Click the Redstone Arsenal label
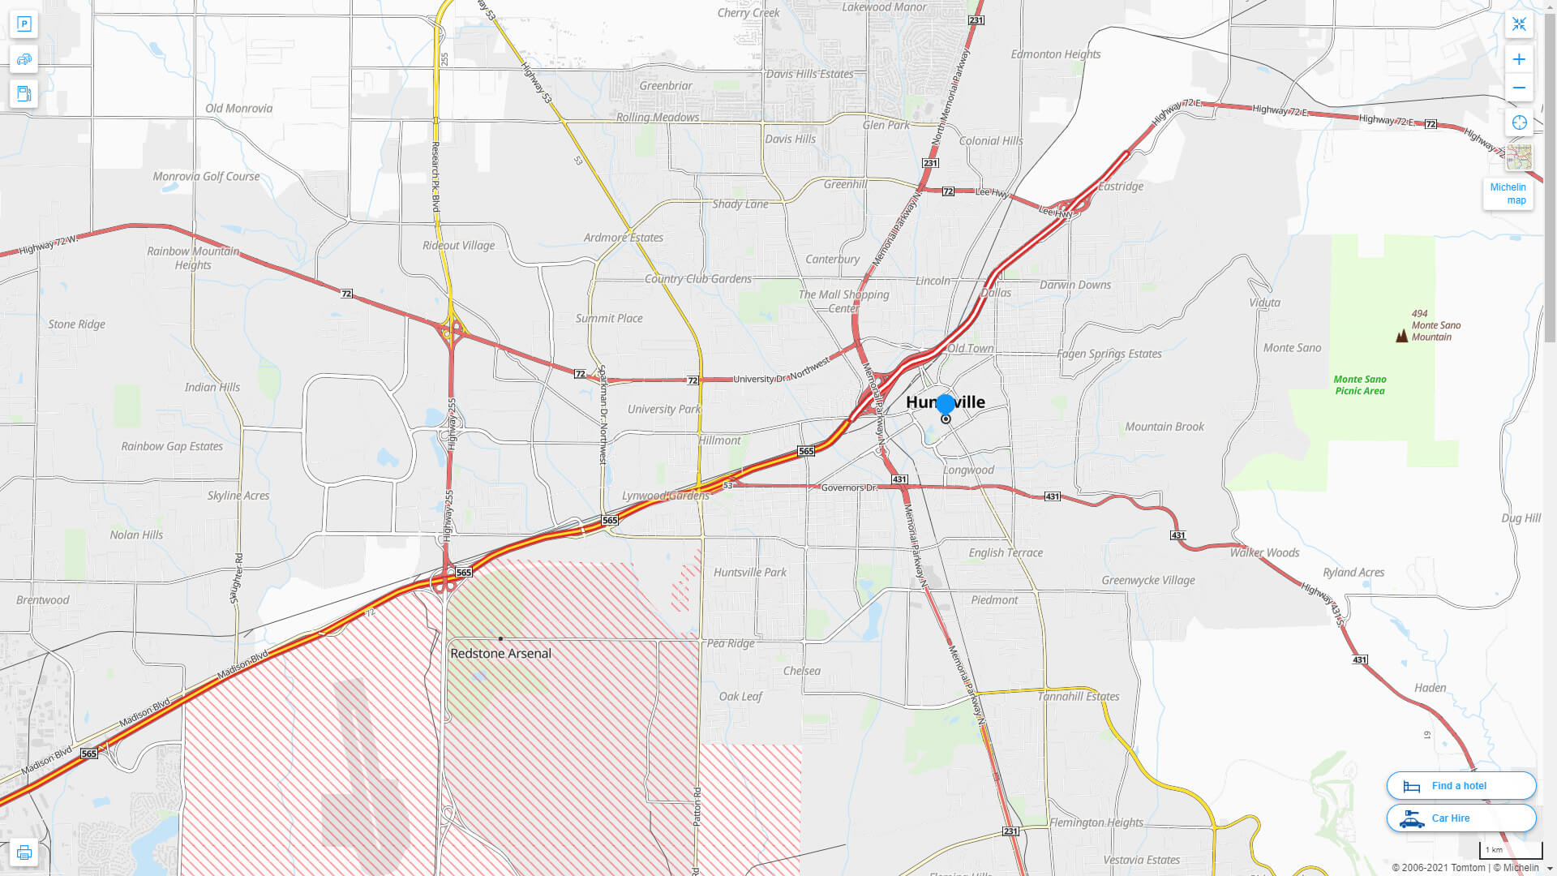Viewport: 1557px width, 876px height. tap(500, 653)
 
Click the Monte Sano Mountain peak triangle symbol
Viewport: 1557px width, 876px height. tap(1401, 335)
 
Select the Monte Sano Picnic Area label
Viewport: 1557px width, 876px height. tap(1360, 384)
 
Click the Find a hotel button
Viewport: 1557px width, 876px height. tap(1461, 785)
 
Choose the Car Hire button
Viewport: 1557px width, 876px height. tap(1461, 818)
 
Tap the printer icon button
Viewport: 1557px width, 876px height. tap(24, 852)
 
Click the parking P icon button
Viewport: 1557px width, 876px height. tap(24, 24)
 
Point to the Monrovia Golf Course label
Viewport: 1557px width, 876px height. tap(206, 176)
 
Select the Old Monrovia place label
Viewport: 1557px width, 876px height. tap(238, 108)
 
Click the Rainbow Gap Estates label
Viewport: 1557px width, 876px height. tap(172, 446)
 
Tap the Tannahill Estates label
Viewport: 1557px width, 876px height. tap(1079, 696)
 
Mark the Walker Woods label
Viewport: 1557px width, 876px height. tap(1264, 552)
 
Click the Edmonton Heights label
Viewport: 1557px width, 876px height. tap(1056, 54)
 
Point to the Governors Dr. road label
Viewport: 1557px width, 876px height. tap(849, 487)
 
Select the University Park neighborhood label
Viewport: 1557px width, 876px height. tap(663, 409)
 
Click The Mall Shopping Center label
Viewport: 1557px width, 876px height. tap(843, 301)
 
